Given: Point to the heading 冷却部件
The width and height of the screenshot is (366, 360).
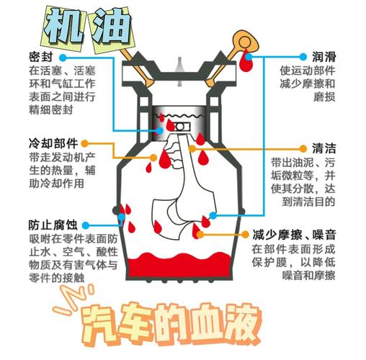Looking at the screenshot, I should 53,143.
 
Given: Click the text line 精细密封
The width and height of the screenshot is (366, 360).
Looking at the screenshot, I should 52,112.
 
